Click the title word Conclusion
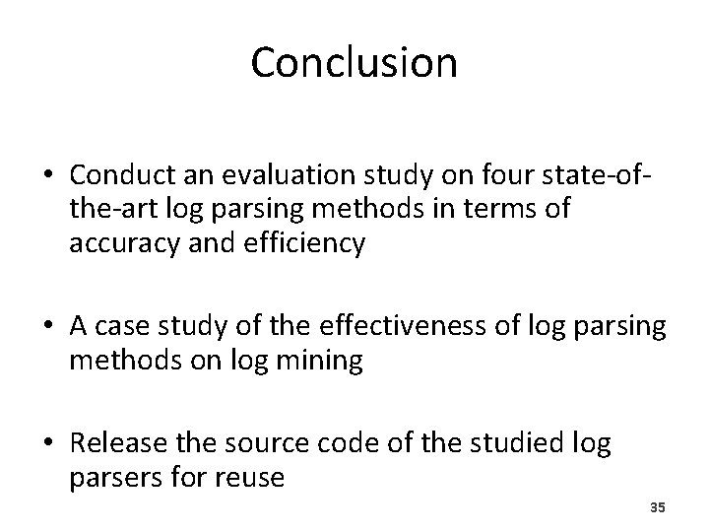(x=354, y=62)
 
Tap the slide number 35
(x=659, y=507)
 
